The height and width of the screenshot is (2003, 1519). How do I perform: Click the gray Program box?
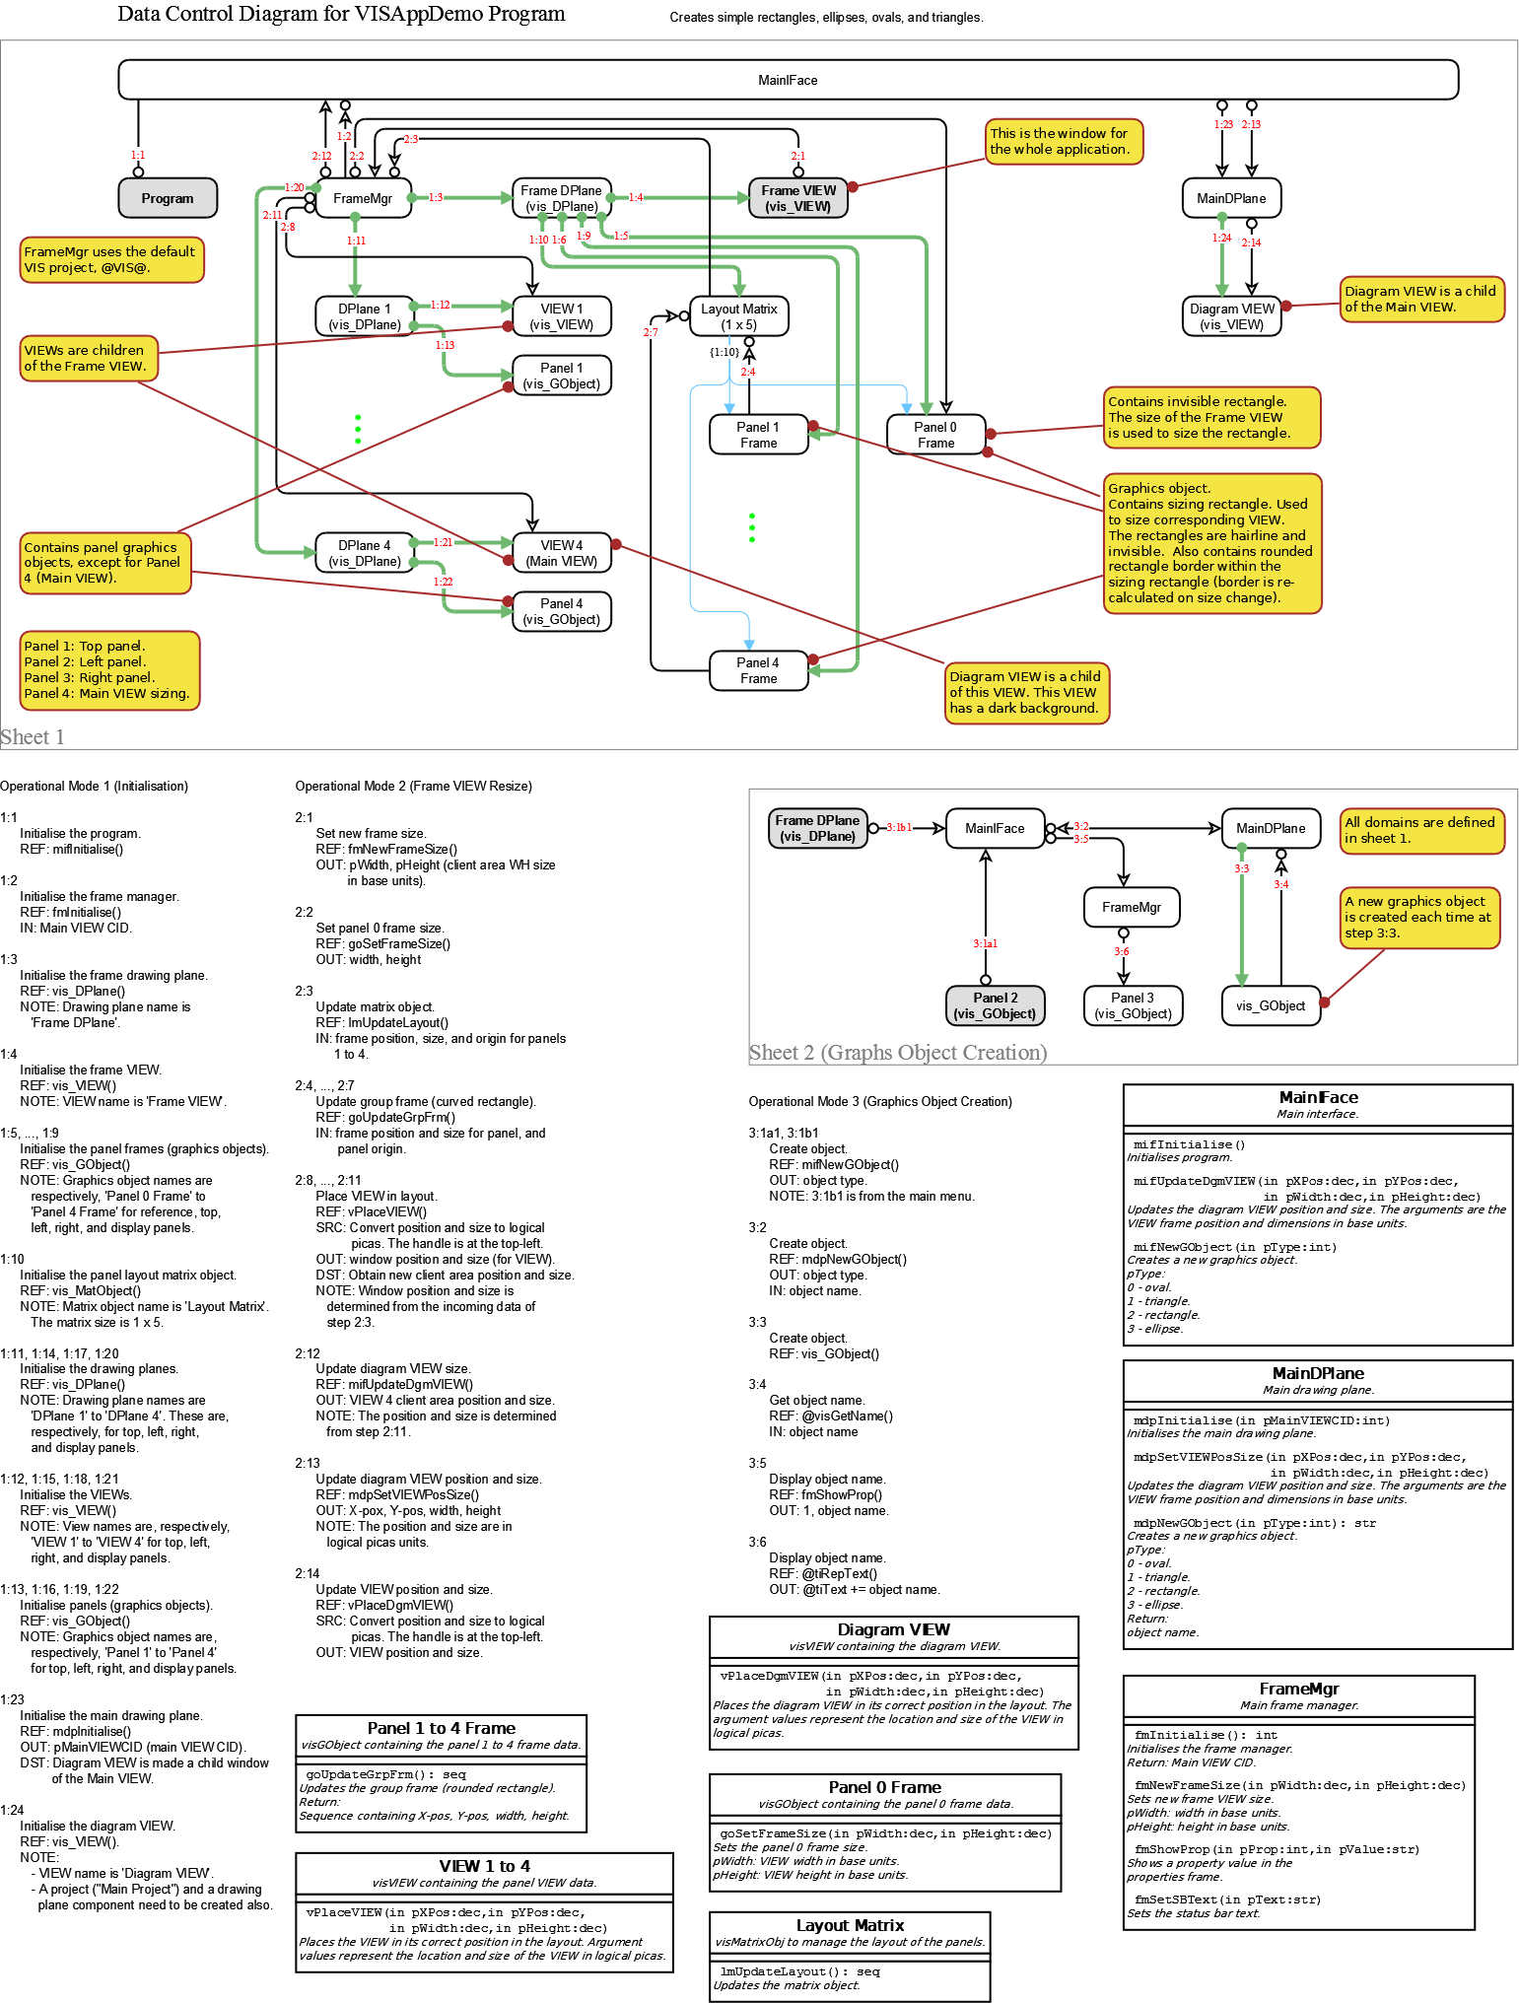167,198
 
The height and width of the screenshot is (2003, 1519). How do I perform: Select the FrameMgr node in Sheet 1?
362,198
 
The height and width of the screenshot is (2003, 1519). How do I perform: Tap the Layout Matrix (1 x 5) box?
738,316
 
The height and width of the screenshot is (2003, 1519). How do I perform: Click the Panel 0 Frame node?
934,435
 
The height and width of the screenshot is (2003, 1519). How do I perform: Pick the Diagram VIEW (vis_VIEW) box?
1231,316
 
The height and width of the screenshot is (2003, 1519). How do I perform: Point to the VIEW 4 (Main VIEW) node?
561,553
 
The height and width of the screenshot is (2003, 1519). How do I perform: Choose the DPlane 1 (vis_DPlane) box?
364,316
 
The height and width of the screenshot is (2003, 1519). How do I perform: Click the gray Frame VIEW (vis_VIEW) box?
797,198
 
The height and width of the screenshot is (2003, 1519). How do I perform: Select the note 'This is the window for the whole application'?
1064,141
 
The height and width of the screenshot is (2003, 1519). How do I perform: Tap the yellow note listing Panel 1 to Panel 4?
109,670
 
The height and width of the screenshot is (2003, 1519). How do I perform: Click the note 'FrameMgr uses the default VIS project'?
111,259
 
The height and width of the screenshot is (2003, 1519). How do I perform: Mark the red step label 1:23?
1223,124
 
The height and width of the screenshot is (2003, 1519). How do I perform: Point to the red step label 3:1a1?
985,943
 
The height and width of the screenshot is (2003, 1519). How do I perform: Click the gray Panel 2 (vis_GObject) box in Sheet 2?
995,1005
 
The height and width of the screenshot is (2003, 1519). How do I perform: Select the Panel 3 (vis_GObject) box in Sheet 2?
1132,1005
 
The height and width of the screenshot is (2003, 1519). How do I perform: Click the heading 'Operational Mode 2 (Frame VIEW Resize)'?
413,786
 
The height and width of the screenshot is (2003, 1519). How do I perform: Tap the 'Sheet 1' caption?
33,736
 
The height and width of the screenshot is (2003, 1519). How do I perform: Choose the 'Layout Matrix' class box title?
850,1925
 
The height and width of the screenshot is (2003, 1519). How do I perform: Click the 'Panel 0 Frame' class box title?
884,1787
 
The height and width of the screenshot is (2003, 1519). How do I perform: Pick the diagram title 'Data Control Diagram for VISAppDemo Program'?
341,14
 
